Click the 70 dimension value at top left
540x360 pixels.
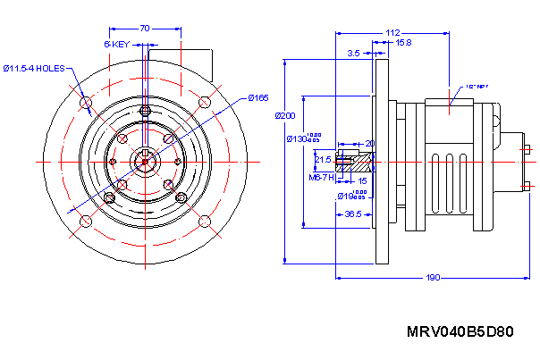(145, 29)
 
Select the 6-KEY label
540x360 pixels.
(117, 44)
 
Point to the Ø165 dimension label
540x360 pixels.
(258, 97)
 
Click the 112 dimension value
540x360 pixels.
(392, 33)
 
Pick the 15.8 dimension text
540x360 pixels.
(403, 43)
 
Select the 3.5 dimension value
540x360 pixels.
(354, 54)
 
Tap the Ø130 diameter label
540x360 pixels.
(296, 138)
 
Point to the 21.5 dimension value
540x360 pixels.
(324, 159)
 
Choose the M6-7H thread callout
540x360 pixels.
(321, 178)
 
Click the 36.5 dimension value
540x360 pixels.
(353, 214)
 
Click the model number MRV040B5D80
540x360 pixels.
(460, 332)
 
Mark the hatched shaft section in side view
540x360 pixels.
(362, 164)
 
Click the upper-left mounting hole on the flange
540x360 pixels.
(86, 103)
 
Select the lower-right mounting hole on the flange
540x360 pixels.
(205, 221)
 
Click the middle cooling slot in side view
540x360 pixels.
(448, 183)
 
